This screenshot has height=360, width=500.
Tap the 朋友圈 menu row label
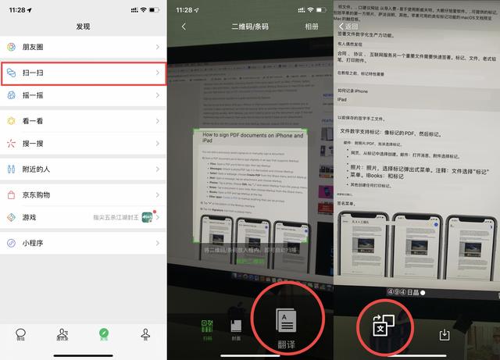click(34, 47)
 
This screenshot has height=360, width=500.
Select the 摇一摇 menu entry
click(34, 95)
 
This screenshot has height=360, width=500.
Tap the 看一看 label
click(34, 122)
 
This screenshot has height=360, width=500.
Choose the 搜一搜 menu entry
click(34, 144)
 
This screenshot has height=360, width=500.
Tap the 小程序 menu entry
click(34, 243)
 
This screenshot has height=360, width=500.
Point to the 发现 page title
click(84, 26)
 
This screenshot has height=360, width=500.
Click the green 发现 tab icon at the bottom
click(104, 334)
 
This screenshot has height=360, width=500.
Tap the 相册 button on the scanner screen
click(311, 27)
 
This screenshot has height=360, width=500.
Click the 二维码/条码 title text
click(250, 27)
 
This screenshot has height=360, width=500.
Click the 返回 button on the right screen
click(348, 27)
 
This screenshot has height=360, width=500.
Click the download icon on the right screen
click(445, 334)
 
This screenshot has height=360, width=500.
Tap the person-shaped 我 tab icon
click(145, 334)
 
